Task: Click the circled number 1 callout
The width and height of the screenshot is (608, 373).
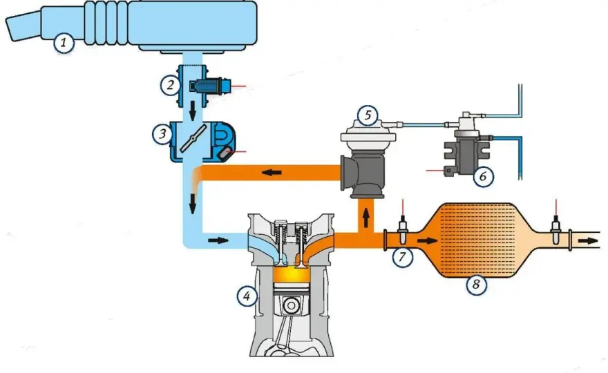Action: (64, 43)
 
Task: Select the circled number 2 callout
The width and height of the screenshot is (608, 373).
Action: (171, 85)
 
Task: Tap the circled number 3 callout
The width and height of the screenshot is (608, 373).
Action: (162, 134)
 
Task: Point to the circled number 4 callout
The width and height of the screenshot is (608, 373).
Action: (247, 296)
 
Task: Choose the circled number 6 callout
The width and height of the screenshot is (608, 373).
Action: (483, 176)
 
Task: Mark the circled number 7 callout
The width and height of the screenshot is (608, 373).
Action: (403, 256)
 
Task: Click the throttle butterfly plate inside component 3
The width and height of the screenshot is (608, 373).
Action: (193, 138)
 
